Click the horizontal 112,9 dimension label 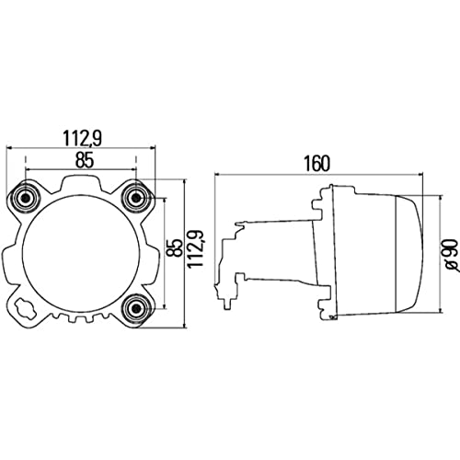(x=83, y=138)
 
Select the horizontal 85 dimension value (x=83, y=159)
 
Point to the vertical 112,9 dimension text (x=196, y=248)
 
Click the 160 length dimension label (x=315, y=165)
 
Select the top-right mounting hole (x=137, y=197)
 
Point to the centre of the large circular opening (x=82, y=251)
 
